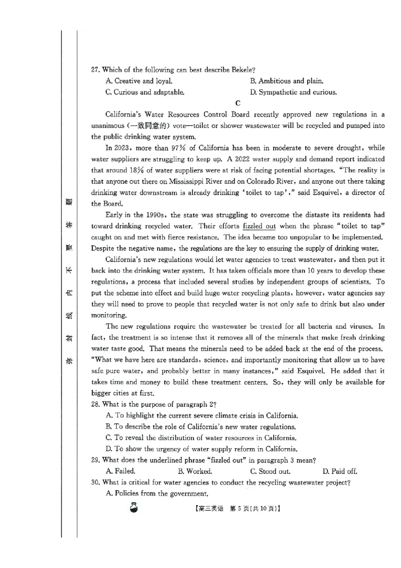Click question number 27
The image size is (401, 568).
coord(96,69)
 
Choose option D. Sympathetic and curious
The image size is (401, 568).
coord(293,92)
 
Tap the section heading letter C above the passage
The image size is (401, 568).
coord(238,103)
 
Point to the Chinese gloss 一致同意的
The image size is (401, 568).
coord(145,125)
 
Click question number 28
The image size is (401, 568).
coord(96,404)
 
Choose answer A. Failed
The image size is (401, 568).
coord(120,471)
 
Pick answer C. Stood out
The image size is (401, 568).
coord(270,471)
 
